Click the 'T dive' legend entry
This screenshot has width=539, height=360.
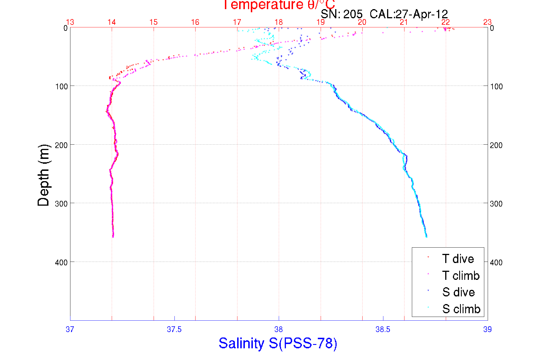pos(458,259)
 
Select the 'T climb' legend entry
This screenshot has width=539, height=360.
pos(461,276)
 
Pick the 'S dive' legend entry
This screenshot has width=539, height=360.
pos(458,292)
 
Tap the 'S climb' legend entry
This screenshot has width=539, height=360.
pos(461,309)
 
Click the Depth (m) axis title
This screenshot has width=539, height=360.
pos(44,175)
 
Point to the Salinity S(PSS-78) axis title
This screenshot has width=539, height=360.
pos(278,343)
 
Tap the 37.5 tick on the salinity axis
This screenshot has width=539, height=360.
pos(174,329)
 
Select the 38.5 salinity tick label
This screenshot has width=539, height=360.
pos(383,329)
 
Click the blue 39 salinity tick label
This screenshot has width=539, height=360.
pos(487,329)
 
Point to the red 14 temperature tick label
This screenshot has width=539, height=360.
pos(111,22)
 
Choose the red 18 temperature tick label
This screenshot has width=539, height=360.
pos(278,22)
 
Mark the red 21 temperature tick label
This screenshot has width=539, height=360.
pos(404,22)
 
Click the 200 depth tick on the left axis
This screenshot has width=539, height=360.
pos(61,145)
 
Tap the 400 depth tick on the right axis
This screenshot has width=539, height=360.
pos(496,262)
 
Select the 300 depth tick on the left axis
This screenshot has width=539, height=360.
pos(61,204)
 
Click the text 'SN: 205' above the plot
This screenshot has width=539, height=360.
pos(341,14)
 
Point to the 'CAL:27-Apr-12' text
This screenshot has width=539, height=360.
pos(409,14)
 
